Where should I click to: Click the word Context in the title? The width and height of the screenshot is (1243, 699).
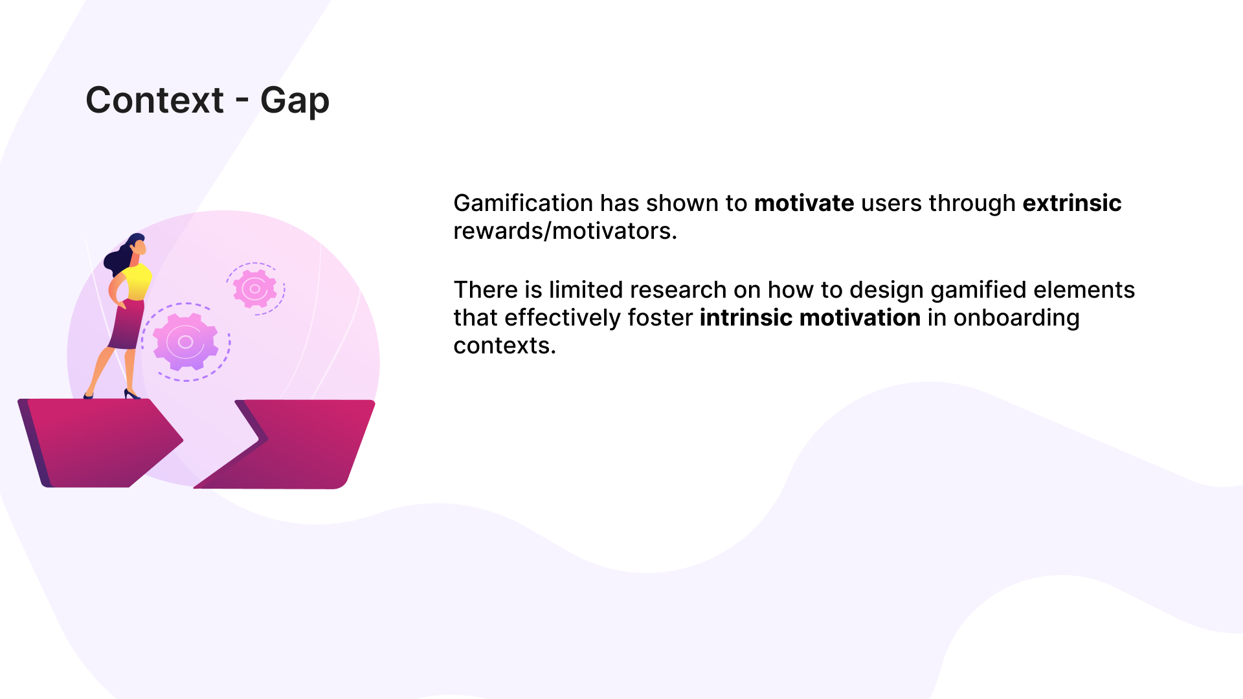point(155,100)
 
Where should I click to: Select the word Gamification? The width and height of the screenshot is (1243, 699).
point(523,203)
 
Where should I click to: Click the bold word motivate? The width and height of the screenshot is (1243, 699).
point(804,203)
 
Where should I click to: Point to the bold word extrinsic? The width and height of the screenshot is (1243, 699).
point(1072,203)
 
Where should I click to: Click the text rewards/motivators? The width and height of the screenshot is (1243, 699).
point(565,231)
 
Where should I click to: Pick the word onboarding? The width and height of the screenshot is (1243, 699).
point(1016,318)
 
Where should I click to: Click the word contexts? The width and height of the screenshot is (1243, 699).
point(504,346)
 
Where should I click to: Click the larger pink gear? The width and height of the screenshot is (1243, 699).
point(186,342)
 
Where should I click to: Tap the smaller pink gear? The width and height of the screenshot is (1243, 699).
point(255,289)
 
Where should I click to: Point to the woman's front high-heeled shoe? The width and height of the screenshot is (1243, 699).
point(131,394)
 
